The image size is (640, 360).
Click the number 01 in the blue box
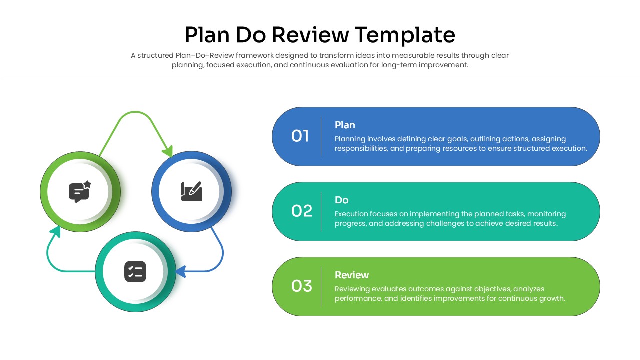[x=300, y=136]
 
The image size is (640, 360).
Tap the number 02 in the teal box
[x=301, y=211]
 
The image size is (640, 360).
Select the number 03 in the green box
[x=301, y=286]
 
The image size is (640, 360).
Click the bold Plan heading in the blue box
[x=345, y=125]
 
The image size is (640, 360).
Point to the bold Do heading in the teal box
[x=341, y=200]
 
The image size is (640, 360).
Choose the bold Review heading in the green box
[x=351, y=275]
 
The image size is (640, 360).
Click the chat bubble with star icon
[x=80, y=191]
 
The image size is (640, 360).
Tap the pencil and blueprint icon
[x=191, y=191]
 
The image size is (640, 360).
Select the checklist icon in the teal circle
[x=135, y=271]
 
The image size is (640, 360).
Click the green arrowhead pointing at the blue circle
[x=168, y=151]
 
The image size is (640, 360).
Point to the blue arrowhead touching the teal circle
[x=181, y=271]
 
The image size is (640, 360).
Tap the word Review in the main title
[x=310, y=35]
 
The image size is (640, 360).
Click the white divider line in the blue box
[x=321, y=136]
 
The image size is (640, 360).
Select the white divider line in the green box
[x=321, y=286]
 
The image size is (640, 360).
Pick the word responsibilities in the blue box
[x=361, y=148]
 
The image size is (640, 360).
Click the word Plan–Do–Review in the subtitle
[x=204, y=55]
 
